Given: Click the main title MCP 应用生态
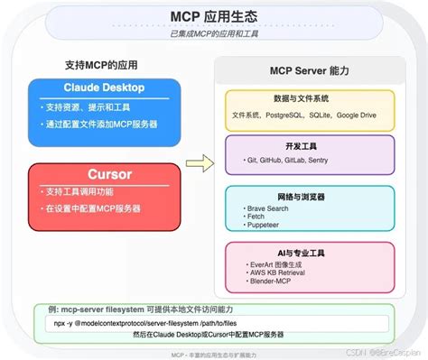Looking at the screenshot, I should (214, 17).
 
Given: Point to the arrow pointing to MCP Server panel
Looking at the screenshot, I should (206, 163).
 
